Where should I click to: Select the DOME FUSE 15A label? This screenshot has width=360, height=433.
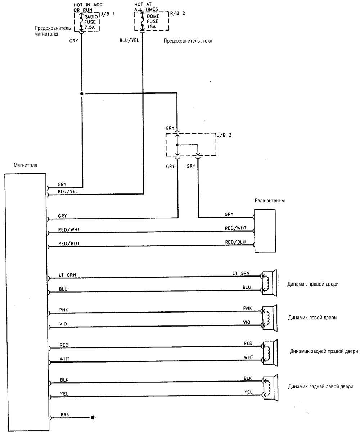coord(153,21)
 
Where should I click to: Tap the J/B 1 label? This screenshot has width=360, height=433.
coord(108,14)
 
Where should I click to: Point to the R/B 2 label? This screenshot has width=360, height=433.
coord(177,13)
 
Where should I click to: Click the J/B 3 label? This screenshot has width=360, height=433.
coord(224,135)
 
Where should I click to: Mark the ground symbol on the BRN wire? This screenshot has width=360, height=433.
coord(94,417)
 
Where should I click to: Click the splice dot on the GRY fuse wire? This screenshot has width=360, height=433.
coord(82,94)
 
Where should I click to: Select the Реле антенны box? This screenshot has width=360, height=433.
coord(265,231)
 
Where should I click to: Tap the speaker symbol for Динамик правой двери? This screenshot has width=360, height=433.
coord(269,283)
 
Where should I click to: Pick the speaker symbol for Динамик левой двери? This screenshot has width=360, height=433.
coord(270,318)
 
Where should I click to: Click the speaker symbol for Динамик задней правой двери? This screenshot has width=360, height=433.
coord(270,353)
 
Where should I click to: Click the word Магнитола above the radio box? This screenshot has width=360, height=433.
coord(25,165)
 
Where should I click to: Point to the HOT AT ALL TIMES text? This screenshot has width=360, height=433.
coord(146,6)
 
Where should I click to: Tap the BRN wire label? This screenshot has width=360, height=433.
coord(65,415)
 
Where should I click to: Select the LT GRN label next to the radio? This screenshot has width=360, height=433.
coord(67,275)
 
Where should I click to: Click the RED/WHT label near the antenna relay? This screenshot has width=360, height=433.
coord(236,228)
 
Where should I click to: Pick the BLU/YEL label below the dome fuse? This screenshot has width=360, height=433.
coord(129,40)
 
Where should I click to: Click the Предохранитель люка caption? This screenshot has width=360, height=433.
coord(188,41)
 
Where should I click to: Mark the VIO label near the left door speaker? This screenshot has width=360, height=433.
coord(247,322)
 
